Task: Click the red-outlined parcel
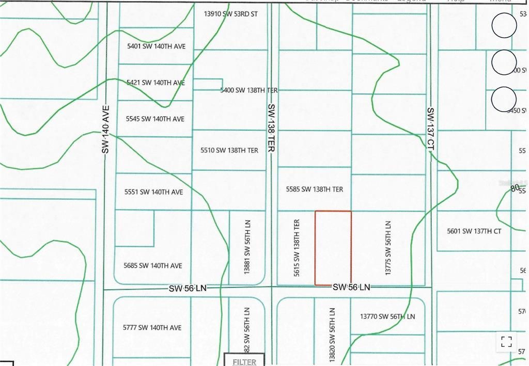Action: pyautogui.click(x=333, y=248)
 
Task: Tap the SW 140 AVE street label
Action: pyautogui.click(x=106, y=129)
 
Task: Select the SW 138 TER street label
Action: pyautogui.click(x=271, y=128)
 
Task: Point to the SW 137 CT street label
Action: pyautogui.click(x=430, y=129)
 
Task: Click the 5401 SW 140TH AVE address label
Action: pyautogui.click(x=156, y=46)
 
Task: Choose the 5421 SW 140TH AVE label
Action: pyautogui.click(x=155, y=83)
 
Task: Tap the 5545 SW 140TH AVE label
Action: pyautogui.click(x=155, y=119)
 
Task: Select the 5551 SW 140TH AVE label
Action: pyautogui.click(x=153, y=192)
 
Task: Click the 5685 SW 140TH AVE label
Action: pyautogui.click(x=153, y=266)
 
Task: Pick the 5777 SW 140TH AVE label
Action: pyautogui.click(x=152, y=327)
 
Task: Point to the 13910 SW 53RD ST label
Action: pyautogui.click(x=230, y=14)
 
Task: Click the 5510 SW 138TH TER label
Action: pyautogui.click(x=229, y=151)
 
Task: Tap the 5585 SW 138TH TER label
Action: pyautogui.click(x=315, y=189)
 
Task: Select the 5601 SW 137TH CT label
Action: pyautogui.click(x=474, y=231)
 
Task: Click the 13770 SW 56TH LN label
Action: pyautogui.click(x=387, y=316)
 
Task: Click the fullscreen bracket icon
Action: pyautogui.click(x=506, y=341)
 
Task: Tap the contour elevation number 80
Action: pyautogui.click(x=515, y=189)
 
